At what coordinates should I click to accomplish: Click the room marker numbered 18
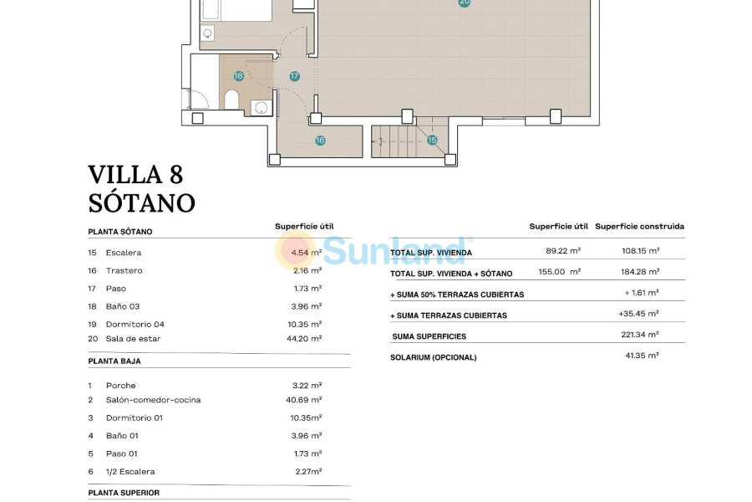(238, 76)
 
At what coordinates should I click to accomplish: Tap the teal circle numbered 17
(294, 76)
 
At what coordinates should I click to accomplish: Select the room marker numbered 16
(320, 141)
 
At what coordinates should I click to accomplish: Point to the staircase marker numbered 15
(432, 140)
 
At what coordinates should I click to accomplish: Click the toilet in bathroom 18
(231, 100)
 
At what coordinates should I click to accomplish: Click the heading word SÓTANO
(141, 203)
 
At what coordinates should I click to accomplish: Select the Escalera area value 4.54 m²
(307, 252)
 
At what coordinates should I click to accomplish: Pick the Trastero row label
(124, 270)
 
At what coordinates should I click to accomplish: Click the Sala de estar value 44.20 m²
(304, 339)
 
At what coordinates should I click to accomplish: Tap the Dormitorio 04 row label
(135, 325)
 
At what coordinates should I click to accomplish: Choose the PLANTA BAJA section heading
(114, 361)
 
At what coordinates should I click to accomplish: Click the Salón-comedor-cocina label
(154, 400)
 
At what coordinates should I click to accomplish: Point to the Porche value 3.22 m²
(307, 385)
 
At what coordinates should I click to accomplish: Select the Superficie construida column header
(640, 226)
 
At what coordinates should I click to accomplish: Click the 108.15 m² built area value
(640, 251)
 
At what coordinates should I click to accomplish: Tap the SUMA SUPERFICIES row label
(429, 336)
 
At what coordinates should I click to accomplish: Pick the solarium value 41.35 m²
(642, 356)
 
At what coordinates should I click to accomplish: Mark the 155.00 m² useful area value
(560, 271)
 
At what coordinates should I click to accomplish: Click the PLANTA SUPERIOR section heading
(124, 493)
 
